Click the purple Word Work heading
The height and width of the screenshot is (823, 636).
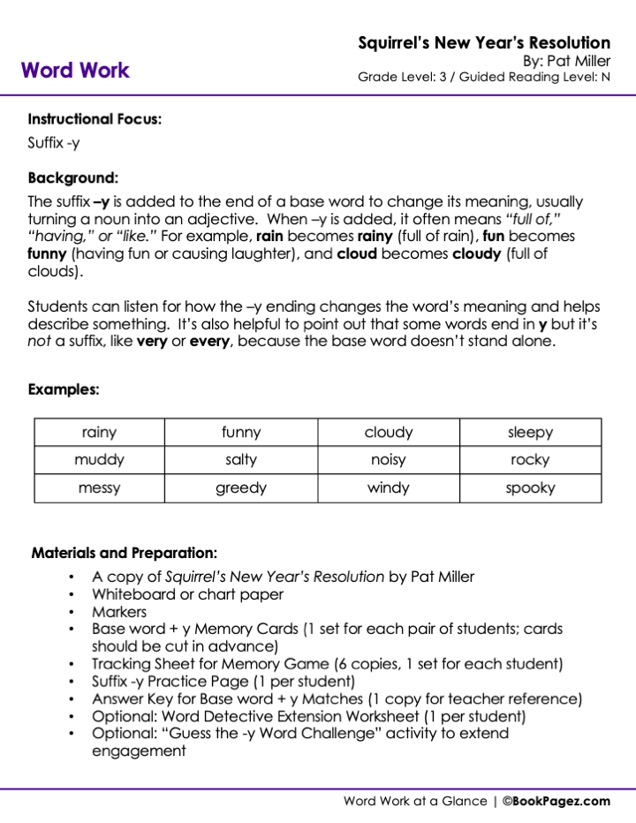[x=75, y=70]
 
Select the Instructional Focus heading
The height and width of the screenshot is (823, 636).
[x=95, y=118]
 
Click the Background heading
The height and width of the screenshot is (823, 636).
[x=72, y=177]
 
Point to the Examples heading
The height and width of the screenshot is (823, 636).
[x=64, y=389]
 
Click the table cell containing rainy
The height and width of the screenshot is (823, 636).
[x=99, y=433]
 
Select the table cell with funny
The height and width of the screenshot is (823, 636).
[x=241, y=433]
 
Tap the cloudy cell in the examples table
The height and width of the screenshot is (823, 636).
[x=389, y=433]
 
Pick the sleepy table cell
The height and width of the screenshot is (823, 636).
[x=530, y=433]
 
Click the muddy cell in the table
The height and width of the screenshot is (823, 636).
[x=99, y=460]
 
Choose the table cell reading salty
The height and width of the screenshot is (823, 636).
[x=241, y=460]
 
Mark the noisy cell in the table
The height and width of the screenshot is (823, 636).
[x=389, y=460]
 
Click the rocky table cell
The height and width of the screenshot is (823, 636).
[x=530, y=460]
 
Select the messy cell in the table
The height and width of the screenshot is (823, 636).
[x=99, y=487]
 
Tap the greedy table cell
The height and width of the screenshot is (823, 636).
[x=241, y=487]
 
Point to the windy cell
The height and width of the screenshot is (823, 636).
[x=389, y=487]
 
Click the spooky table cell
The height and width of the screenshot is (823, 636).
[x=530, y=487]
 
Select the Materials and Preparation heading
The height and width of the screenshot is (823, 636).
[x=124, y=554]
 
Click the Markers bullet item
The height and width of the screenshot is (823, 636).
[x=119, y=611]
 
